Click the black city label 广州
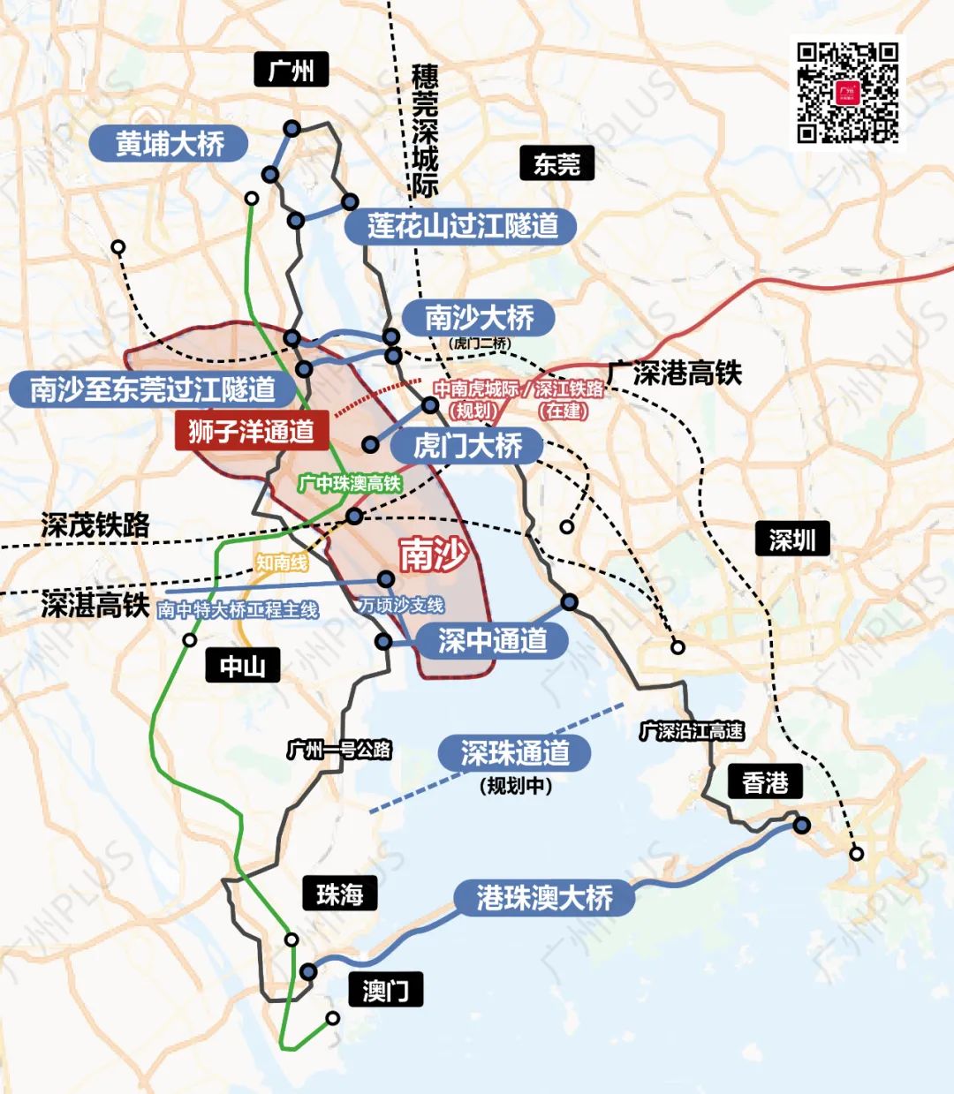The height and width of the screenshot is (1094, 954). point(291,69)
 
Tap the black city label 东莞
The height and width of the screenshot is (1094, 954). point(556,164)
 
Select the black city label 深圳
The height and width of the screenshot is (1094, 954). point(791,539)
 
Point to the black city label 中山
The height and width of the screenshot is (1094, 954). point(242,666)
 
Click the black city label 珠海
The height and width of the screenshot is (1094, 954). point(339,894)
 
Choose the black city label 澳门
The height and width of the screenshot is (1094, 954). point(385,990)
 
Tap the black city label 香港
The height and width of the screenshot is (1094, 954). point(764,782)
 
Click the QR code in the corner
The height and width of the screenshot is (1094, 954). point(847,92)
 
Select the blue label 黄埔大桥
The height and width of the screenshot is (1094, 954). point(170,143)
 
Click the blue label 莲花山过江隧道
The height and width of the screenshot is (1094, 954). point(463,226)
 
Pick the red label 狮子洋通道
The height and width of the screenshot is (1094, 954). point(252,431)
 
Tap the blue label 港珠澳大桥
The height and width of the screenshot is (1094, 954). point(544,898)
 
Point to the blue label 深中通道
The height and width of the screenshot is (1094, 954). point(493,640)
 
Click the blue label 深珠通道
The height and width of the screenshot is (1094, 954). point(515,753)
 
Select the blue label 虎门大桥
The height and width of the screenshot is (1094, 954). point(467,446)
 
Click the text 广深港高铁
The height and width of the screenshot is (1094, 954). point(674,373)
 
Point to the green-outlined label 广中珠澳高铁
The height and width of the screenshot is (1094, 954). point(350,483)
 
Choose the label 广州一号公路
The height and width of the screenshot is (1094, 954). point(339,750)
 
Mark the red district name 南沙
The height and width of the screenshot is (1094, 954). point(432,555)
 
